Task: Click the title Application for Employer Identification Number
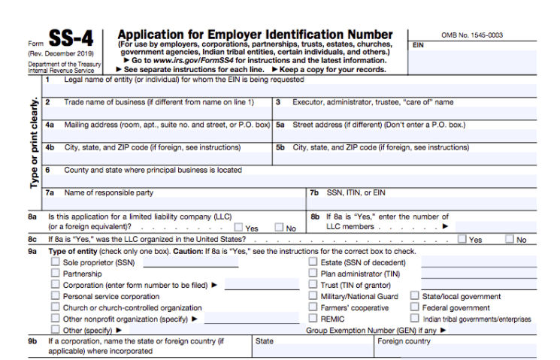[x=255, y=35]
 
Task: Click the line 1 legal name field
[x=293, y=89]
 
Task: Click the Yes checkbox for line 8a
[x=239, y=227]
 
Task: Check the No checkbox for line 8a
[x=279, y=227]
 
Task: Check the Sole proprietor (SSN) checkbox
[x=56, y=262]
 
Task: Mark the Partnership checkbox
[x=56, y=274]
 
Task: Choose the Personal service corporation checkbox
[x=56, y=296]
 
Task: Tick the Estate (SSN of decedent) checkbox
[x=313, y=262]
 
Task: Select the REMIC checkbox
[x=313, y=319]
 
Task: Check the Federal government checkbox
[x=415, y=307]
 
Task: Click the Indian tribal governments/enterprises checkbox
[x=415, y=319]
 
